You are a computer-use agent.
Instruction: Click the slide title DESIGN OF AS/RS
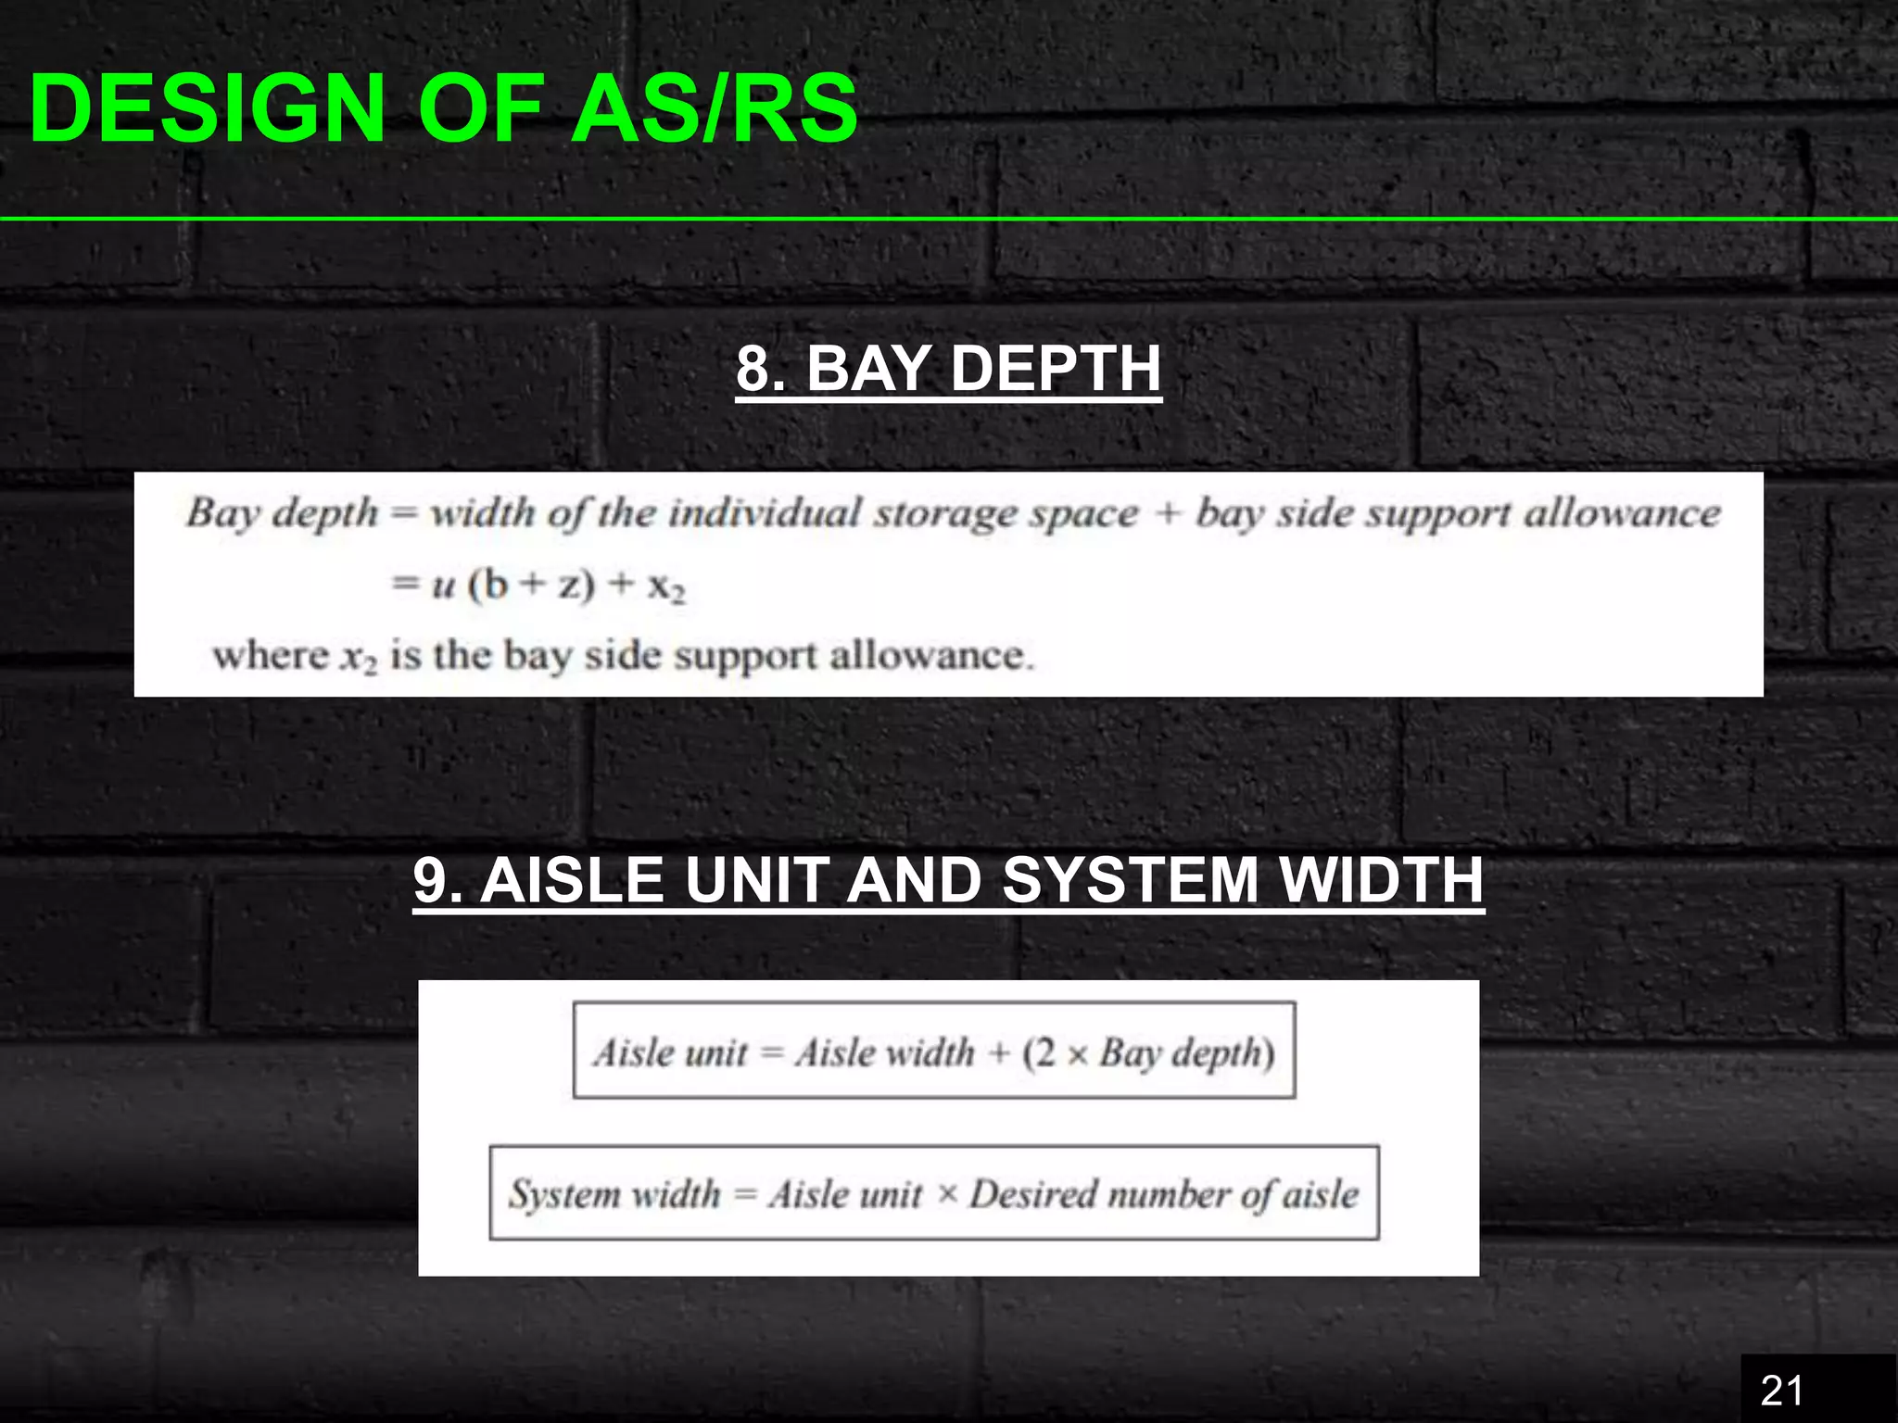[x=443, y=109]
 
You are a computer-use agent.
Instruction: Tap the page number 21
[x=1781, y=1391]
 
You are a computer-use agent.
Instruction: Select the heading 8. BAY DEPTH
[x=948, y=369]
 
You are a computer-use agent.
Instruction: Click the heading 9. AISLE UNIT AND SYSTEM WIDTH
[x=948, y=880]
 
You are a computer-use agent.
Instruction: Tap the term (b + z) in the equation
[x=531, y=585]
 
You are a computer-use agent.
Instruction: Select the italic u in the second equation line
[x=443, y=586]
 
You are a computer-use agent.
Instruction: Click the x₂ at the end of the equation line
[x=665, y=586]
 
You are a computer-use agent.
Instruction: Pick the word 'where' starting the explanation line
[x=271, y=656]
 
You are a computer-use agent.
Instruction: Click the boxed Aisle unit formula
[x=934, y=1051]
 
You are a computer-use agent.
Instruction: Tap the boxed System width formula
[x=934, y=1193]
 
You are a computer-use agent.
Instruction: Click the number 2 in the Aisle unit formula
[x=1044, y=1052]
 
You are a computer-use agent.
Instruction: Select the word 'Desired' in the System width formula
[x=1031, y=1193]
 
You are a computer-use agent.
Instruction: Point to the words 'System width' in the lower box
[x=614, y=1193]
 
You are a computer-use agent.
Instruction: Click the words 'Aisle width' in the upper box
[x=885, y=1052]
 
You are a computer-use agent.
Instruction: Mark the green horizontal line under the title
[x=949, y=219]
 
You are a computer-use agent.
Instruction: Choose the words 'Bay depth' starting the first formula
[x=282, y=512]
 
